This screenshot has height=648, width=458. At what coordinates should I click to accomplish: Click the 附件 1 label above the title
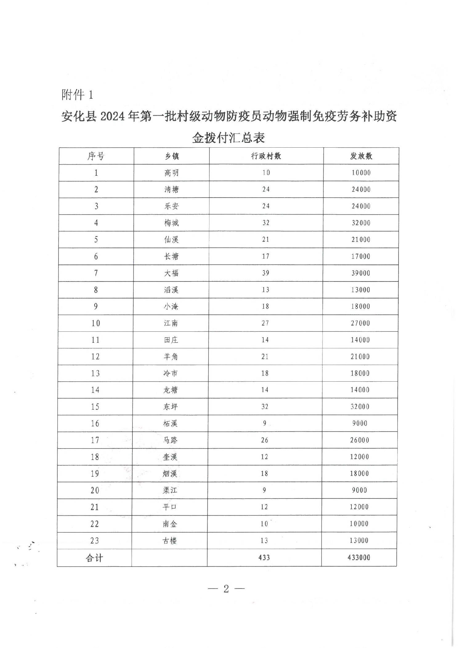pyautogui.click(x=77, y=95)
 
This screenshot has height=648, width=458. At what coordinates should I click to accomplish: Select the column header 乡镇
pyautogui.click(x=172, y=156)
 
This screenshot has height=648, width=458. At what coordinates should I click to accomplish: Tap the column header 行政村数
pyautogui.click(x=266, y=156)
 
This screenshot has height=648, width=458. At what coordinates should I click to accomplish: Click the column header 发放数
pyautogui.click(x=361, y=156)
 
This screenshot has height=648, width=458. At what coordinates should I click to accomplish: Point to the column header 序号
pyautogui.click(x=96, y=156)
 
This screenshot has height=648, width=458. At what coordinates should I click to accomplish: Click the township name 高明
pyautogui.click(x=171, y=173)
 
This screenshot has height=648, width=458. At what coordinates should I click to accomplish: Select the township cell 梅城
pyautogui.click(x=171, y=223)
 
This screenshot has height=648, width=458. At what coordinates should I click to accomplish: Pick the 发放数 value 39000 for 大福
pyautogui.click(x=361, y=273)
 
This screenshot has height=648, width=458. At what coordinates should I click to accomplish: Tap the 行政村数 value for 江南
pyautogui.click(x=265, y=323)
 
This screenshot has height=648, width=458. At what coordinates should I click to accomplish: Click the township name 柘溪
pyautogui.click(x=170, y=424)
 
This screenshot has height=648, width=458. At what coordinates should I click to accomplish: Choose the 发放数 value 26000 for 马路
pyautogui.click(x=359, y=440)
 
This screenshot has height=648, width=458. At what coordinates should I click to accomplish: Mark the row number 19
pyautogui.click(x=95, y=474)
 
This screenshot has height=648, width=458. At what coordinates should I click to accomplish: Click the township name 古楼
pyautogui.click(x=170, y=540)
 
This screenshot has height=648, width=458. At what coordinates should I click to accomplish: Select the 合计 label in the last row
pyautogui.click(x=94, y=558)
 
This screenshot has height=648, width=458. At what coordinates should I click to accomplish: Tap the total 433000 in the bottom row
pyautogui.click(x=359, y=558)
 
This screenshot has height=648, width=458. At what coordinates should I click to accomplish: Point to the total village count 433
pyautogui.click(x=264, y=558)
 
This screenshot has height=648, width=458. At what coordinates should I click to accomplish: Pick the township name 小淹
pyautogui.click(x=171, y=306)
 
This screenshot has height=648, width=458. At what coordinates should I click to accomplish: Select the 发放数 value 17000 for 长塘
pyautogui.click(x=361, y=256)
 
